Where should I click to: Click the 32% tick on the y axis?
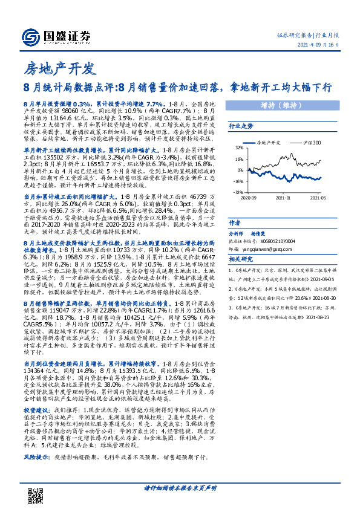click(x=240, y=148)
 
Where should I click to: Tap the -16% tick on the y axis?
click(x=240, y=181)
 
